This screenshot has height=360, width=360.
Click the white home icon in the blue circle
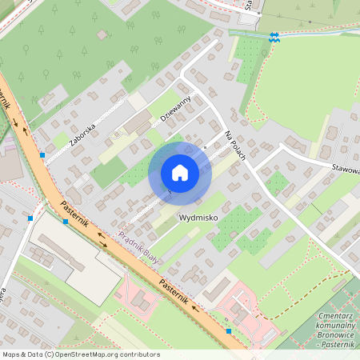coord(180,173)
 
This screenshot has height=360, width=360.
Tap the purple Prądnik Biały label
coord(138,245)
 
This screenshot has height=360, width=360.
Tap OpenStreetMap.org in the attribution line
coord(86,354)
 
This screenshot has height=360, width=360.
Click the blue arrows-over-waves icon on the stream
coord(274,36)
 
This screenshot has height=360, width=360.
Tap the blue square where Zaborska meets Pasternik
coord(42,154)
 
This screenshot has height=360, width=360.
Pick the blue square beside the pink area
coord(228,330)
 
